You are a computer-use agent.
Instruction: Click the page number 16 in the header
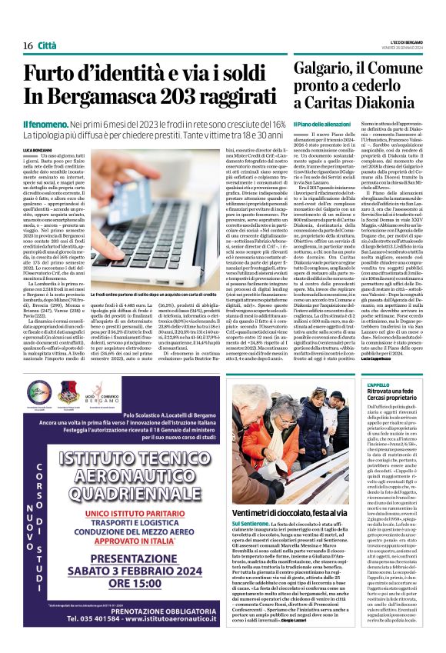coord(28,25)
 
